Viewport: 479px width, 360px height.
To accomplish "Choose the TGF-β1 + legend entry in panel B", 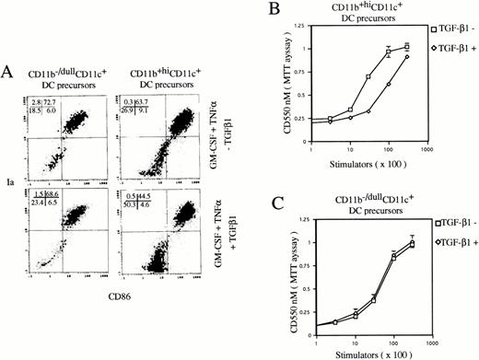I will point(450,68).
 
